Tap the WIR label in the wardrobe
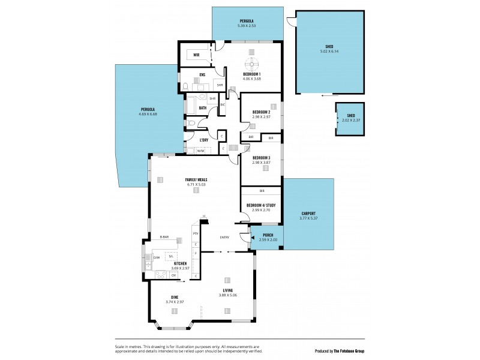click(196, 55)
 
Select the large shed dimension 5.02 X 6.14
click(329, 51)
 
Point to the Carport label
click(308, 214)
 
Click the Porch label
click(268, 235)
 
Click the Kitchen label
click(180, 263)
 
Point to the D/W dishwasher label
click(156, 258)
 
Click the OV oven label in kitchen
click(173, 275)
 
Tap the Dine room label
click(175, 297)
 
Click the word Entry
click(224, 237)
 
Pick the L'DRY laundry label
click(204, 140)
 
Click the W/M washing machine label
click(200, 151)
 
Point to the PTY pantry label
click(196, 233)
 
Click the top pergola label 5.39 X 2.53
click(247, 26)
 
